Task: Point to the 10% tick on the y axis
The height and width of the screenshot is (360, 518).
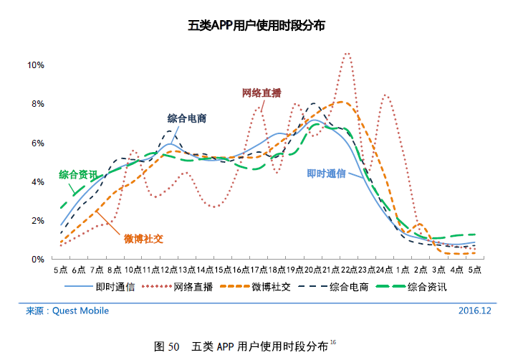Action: point(36,65)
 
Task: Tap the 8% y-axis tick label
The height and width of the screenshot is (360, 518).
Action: point(37,104)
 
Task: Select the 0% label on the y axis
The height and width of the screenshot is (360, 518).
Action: point(37,259)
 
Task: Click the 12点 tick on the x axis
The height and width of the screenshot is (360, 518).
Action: point(170,270)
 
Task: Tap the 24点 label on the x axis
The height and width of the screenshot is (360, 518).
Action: point(385,270)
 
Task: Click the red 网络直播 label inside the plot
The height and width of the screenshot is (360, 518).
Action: point(262,93)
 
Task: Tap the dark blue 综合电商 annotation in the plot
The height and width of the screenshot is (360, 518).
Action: point(187,118)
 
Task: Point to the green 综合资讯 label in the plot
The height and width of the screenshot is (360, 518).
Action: point(78,174)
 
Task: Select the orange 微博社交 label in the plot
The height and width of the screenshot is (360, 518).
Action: point(143,238)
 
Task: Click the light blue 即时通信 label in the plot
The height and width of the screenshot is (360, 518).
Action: point(327,173)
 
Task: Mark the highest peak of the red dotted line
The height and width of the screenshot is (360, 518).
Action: point(347,53)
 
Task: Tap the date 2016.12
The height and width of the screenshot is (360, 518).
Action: point(474,311)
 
